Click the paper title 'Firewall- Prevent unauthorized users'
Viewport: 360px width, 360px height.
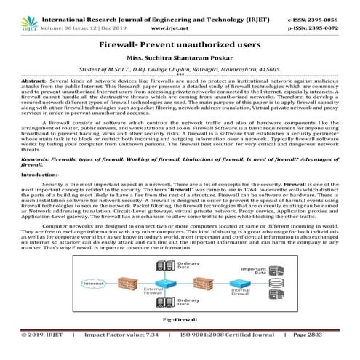[180, 45]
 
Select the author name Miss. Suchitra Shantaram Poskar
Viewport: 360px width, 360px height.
[180, 57]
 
